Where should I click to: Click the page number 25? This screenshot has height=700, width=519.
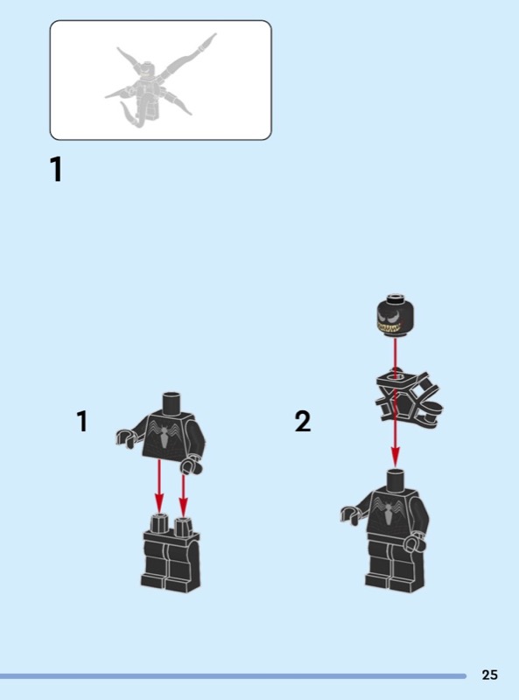pyautogui.click(x=489, y=675)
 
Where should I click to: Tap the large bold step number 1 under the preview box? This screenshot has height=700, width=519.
pyautogui.click(x=56, y=169)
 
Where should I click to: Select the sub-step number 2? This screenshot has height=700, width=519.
pyautogui.click(x=302, y=422)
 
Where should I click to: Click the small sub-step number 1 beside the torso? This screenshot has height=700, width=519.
pyautogui.click(x=82, y=421)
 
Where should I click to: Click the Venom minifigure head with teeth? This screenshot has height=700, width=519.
pyautogui.click(x=395, y=316)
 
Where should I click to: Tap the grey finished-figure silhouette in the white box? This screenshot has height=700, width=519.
pyautogui.click(x=161, y=79)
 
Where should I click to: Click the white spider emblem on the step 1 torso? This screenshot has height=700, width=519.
pyautogui.click(x=165, y=434)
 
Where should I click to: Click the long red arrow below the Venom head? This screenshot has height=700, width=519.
pyautogui.click(x=395, y=402)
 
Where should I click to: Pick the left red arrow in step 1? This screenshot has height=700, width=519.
pyautogui.click(x=159, y=486)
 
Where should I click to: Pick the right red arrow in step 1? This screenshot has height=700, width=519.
pyautogui.click(x=183, y=494)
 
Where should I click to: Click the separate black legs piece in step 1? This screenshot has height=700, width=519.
pyautogui.click(x=171, y=553)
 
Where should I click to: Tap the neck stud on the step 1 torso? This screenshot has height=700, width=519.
pyautogui.click(x=171, y=402)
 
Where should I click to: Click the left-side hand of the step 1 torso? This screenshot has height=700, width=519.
pyautogui.click(x=125, y=437)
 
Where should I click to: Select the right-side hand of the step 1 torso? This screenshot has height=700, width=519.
pyautogui.click(x=191, y=465)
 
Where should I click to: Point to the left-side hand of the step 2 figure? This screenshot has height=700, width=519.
pyautogui.click(x=350, y=514)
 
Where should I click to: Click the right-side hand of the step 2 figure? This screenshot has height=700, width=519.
pyautogui.click(x=416, y=542)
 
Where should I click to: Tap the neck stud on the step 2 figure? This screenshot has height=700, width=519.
pyautogui.click(x=396, y=479)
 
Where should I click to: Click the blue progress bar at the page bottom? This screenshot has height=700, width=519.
pyautogui.click(x=233, y=676)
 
